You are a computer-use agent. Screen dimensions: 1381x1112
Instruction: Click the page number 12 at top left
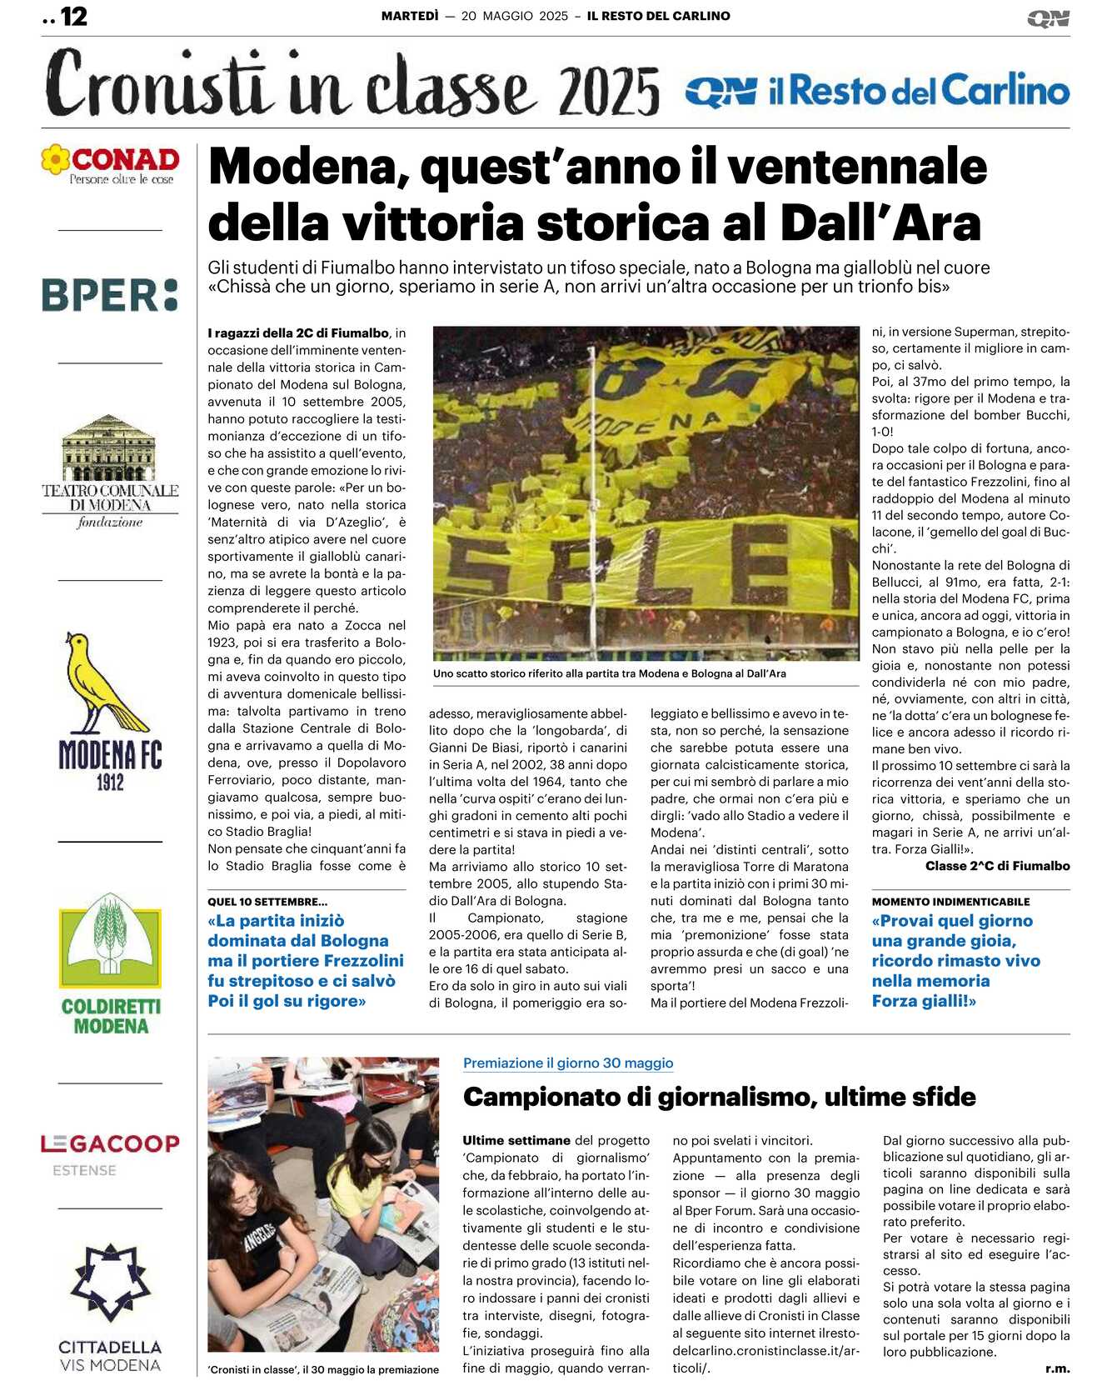pos(73,17)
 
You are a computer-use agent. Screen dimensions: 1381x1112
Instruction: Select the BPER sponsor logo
pos(110,296)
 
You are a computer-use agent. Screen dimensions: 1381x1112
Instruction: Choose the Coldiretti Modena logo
pos(110,963)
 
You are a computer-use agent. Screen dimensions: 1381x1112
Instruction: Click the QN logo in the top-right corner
pos(1048,18)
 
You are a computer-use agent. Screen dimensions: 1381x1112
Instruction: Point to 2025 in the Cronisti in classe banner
pos(609,93)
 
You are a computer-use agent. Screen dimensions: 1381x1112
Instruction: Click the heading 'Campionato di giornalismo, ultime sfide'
pos(719,1097)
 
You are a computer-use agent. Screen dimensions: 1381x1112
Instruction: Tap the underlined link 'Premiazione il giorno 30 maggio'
pos(568,1063)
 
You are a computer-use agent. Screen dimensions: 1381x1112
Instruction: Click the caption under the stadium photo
pos(609,673)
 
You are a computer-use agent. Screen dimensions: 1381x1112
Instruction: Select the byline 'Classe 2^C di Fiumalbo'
pos(997,866)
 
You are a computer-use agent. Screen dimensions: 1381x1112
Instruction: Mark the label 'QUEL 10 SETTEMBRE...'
pos(267,902)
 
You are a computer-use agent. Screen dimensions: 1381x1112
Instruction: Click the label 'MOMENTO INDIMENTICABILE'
pos(950,902)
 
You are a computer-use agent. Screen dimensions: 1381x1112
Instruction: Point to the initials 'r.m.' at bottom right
pos(1057,1368)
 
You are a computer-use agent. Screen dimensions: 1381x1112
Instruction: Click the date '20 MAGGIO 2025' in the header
pos(514,16)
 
